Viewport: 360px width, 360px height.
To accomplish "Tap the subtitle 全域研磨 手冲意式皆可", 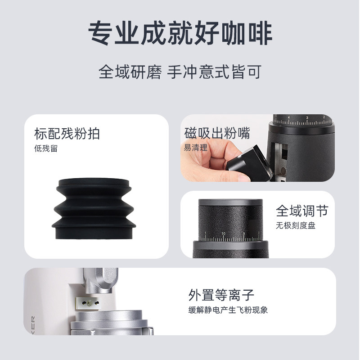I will (x=180, y=72).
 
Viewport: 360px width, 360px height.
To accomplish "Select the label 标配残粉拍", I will (x=67, y=134).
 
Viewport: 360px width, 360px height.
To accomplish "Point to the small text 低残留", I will (x=46, y=148).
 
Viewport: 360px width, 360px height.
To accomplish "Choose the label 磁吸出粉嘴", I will (x=217, y=134).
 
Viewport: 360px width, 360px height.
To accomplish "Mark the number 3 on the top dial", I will (x=307, y=118).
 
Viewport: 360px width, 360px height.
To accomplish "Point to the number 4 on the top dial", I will (x=288, y=117).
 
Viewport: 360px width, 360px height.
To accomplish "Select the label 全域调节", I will (x=301, y=211).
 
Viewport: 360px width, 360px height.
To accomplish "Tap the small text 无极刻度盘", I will (x=295, y=225).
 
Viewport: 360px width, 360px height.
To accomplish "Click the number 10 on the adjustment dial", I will (x=224, y=234).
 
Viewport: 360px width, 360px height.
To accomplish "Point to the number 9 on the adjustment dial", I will (x=243, y=234).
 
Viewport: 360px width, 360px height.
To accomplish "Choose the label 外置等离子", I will (x=221, y=295).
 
